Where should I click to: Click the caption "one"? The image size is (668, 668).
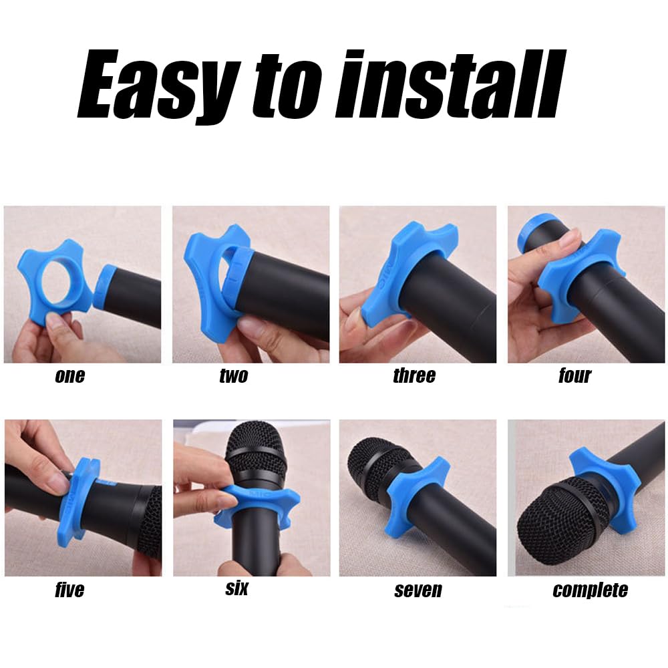[69, 375]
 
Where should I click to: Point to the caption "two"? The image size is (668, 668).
[233, 375]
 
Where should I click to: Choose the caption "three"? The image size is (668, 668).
[414, 375]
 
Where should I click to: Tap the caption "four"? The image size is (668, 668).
[574, 375]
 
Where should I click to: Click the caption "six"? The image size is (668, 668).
[236, 589]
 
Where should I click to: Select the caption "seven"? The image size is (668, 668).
[417, 591]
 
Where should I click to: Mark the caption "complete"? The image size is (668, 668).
[590, 591]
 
